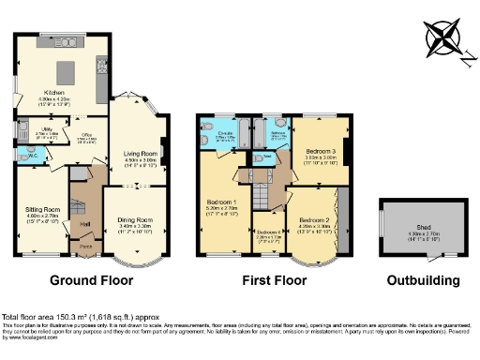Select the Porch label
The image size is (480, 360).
click(85, 247)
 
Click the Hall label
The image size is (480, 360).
click(85, 223)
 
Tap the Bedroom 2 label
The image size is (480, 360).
click(313, 219)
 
